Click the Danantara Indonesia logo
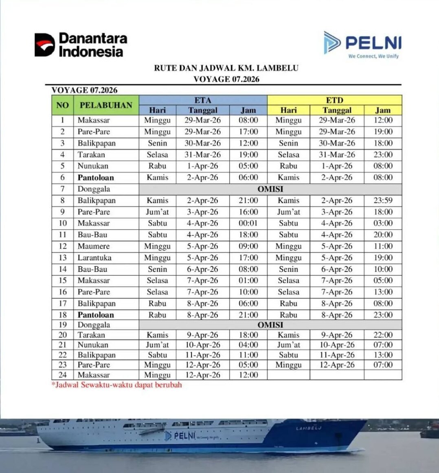(81, 45)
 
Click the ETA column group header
(203, 100)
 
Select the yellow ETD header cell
(334, 100)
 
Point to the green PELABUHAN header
(106, 105)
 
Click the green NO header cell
(62, 105)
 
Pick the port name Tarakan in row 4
(91, 155)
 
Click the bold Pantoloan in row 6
(96, 178)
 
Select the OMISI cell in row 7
(270, 189)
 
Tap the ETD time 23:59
(383, 200)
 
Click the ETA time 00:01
(248, 223)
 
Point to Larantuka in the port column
(94, 258)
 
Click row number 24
(62, 375)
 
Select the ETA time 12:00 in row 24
(248, 375)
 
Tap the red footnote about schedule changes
(116, 385)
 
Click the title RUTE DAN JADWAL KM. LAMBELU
(226, 68)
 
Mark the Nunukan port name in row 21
(93, 345)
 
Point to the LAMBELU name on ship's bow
(308, 428)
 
